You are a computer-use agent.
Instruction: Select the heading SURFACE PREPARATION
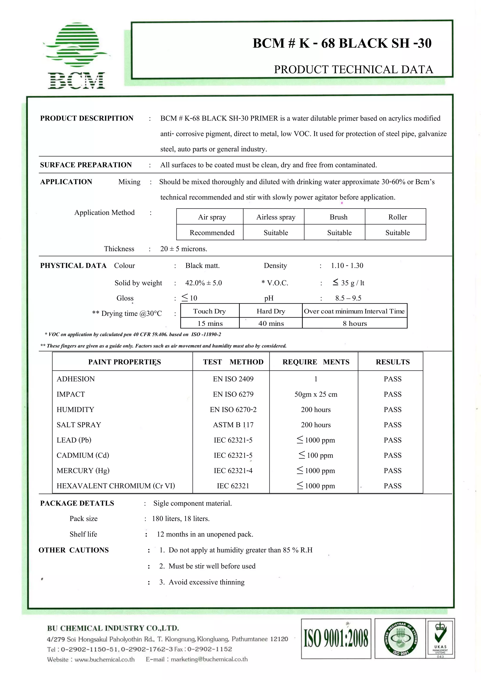(x=86, y=165)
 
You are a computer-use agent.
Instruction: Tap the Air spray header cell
(x=212, y=217)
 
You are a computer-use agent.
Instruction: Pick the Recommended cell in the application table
(x=212, y=233)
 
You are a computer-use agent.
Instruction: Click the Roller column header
(x=397, y=217)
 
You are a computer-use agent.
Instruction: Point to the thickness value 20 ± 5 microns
(x=184, y=249)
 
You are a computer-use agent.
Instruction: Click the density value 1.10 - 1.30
(x=347, y=266)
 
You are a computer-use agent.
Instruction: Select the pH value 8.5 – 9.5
(x=348, y=298)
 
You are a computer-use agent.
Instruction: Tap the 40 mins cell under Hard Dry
(x=271, y=323)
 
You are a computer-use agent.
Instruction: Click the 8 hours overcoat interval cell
(x=355, y=323)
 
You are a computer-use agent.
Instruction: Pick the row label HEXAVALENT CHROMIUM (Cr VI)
(x=116, y=486)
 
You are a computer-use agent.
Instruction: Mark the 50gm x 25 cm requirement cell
(x=316, y=394)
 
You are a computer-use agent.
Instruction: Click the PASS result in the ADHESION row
(x=392, y=379)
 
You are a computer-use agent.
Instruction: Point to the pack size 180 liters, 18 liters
(x=181, y=519)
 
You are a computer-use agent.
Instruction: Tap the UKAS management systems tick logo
(x=440, y=638)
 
